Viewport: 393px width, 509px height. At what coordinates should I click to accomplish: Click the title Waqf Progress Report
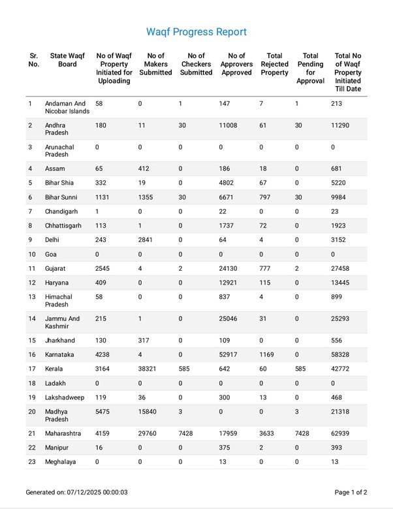196,32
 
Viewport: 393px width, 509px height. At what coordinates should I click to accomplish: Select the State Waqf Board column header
63,60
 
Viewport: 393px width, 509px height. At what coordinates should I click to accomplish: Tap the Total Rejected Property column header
274,64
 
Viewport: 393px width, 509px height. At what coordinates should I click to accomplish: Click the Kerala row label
55,369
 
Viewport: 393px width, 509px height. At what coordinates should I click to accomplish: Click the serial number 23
31,462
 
